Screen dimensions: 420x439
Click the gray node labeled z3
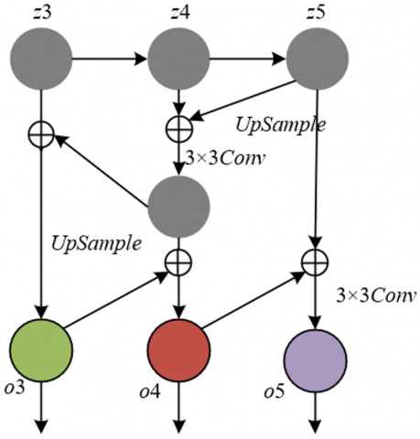41,59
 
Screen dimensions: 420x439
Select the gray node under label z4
178,59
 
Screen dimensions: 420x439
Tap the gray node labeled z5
318,59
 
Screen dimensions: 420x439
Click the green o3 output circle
41,350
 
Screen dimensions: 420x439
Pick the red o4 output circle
179,350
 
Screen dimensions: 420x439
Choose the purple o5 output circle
316,361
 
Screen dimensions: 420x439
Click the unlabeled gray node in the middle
179,207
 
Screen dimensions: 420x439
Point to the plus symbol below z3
41,134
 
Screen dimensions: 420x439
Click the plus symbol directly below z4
179,129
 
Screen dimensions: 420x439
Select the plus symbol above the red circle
178,262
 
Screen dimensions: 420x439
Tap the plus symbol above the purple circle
316,262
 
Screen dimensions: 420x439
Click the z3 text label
42,13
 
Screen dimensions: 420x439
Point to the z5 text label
316,13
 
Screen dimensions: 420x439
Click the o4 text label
150,391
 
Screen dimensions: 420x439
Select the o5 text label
274,391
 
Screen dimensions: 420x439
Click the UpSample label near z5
281,125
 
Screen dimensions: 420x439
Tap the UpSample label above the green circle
96,244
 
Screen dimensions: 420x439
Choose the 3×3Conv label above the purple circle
376,295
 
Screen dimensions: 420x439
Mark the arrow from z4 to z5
248,59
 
